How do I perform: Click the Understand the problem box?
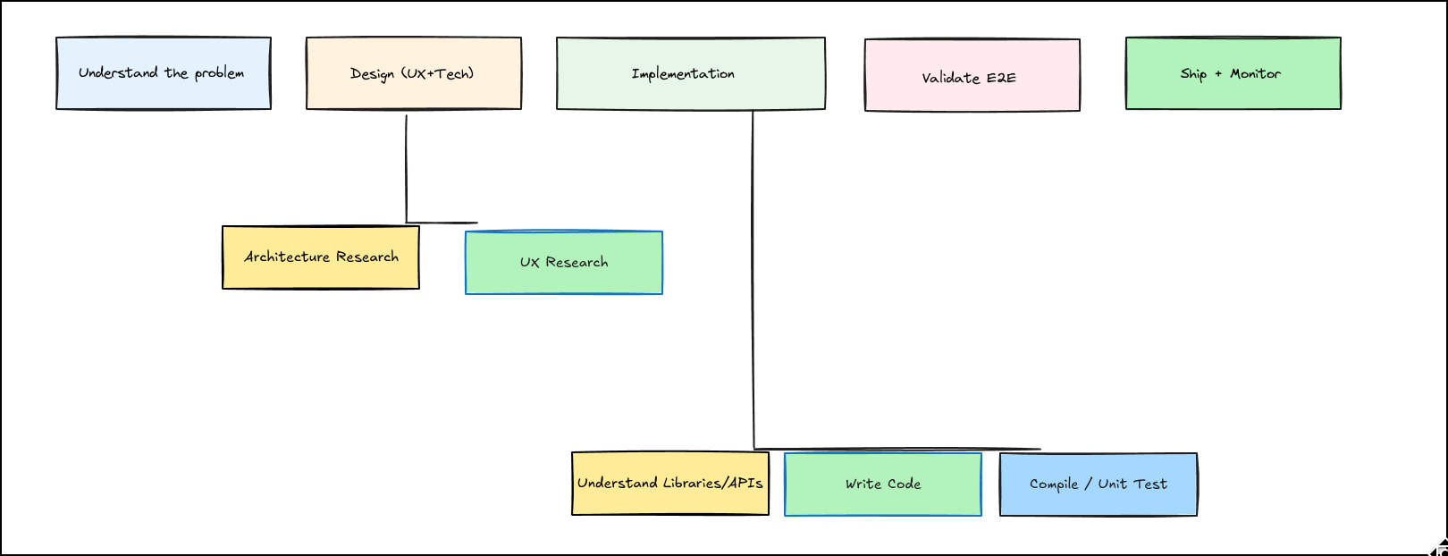163,73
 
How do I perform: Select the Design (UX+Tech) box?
413,73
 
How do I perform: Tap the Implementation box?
690,73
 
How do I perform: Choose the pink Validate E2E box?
972,76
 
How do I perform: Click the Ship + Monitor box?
1233,73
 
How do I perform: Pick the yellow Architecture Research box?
320,257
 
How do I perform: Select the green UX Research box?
563,263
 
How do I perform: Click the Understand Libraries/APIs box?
669,484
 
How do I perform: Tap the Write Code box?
882,484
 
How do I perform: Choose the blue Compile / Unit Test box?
1098,484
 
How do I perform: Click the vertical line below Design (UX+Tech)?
407,170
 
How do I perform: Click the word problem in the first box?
219,73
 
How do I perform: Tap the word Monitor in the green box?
1255,73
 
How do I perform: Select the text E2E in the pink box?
1001,78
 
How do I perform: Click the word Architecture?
287,257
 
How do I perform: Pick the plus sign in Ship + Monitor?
1218,74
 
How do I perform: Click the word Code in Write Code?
904,484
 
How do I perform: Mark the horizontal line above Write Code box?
894,449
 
